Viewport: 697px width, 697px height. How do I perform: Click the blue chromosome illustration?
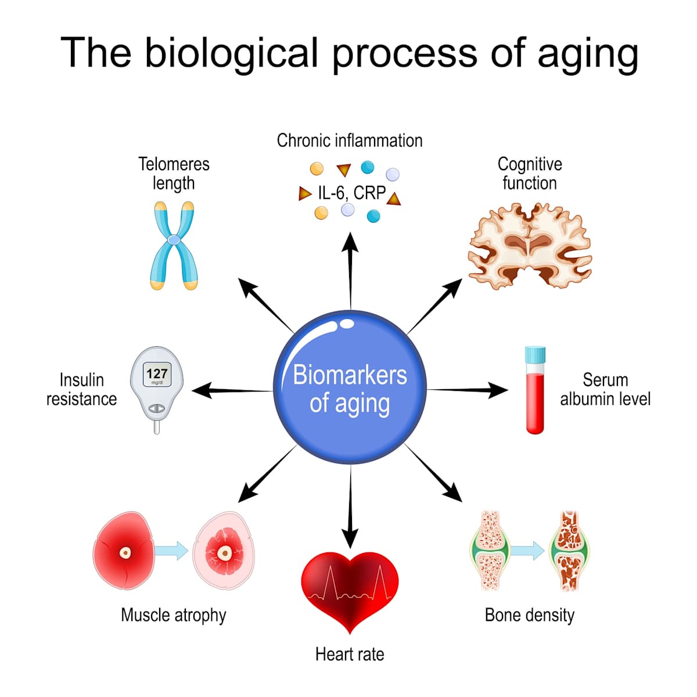174,245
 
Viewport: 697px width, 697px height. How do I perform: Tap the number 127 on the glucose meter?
157,373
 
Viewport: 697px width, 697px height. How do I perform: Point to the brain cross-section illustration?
529,245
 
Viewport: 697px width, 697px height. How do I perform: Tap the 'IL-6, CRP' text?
351,193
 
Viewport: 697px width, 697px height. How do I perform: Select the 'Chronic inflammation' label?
350,141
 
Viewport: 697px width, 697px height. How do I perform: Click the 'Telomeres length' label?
174,173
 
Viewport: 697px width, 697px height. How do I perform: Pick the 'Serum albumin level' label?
605,389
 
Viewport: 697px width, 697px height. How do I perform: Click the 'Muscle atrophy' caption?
174,615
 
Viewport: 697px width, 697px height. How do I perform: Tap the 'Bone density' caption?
529,615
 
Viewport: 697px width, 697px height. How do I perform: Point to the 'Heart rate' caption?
350,655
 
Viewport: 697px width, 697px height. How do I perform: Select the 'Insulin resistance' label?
82,389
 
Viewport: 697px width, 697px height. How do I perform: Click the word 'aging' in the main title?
587,53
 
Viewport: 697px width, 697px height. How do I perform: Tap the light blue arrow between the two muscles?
172,550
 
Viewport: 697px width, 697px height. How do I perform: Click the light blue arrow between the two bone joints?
527,550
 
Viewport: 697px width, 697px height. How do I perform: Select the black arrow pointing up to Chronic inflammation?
350,267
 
